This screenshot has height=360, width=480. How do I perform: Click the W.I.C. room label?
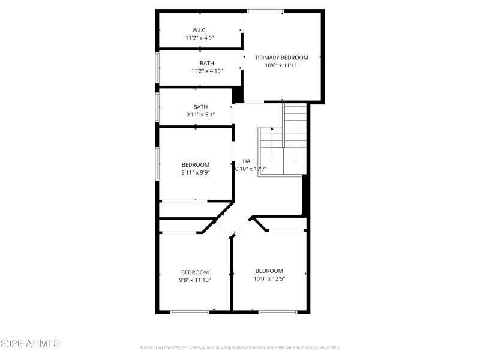(x=200, y=30)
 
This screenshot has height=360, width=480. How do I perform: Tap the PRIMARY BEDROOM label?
(x=282, y=58)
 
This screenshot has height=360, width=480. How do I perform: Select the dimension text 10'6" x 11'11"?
(x=282, y=65)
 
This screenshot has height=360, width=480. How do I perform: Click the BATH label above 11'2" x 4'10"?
(x=207, y=63)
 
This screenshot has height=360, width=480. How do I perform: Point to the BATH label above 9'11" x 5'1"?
(x=200, y=107)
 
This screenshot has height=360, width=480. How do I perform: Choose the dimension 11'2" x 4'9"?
(x=200, y=38)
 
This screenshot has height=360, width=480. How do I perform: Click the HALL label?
(x=250, y=161)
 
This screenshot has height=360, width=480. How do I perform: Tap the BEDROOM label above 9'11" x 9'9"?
(x=196, y=165)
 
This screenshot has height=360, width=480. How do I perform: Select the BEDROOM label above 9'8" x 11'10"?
(x=195, y=272)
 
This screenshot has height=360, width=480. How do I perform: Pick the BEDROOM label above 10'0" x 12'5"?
(x=269, y=271)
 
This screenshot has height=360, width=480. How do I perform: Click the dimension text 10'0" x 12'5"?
(x=269, y=278)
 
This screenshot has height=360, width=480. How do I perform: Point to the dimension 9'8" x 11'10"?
(x=195, y=280)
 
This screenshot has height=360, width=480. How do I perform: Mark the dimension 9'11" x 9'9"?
(x=196, y=173)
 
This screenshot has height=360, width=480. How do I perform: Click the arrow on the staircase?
(x=272, y=130)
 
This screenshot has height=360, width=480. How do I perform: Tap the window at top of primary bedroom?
(x=265, y=11)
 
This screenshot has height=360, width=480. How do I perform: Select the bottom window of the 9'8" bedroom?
(x=190, y=312)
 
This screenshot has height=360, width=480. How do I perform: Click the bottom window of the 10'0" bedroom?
(x=278, y=312)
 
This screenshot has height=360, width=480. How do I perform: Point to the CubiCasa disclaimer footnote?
(x=240, y=347)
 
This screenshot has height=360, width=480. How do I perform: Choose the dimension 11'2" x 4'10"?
(x=207, y=71)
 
